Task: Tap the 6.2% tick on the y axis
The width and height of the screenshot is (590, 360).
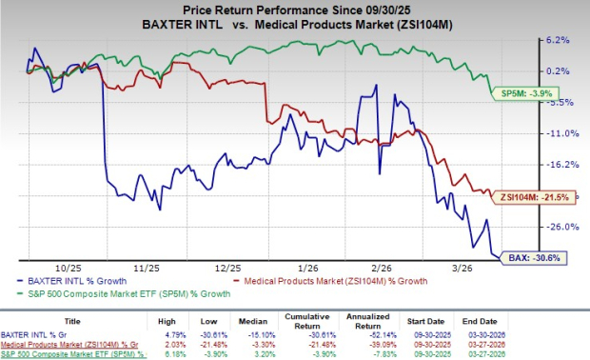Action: [558, 40]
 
